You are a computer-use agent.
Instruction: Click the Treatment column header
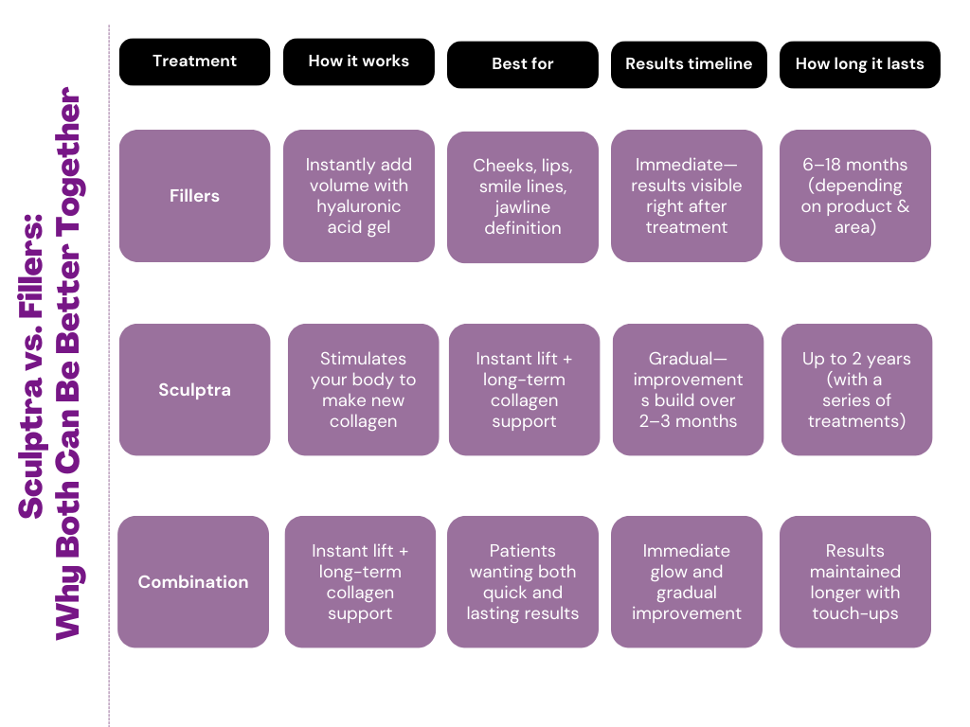click(194, 62)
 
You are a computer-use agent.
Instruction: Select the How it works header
click(358, 62)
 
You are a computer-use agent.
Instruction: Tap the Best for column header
click(522, 64)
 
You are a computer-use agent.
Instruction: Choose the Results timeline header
click(689, 64)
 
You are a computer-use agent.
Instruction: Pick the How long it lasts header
click(859, 64)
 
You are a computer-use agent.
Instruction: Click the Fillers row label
click(194, 196)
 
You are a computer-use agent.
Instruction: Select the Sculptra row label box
click(194, 390)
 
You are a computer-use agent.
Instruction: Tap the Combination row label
click(193, 582)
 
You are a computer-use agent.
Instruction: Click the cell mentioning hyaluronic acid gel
click(358, 196)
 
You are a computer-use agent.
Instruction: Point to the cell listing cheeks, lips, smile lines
click(522, 197)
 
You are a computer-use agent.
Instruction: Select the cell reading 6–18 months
click(854, 196)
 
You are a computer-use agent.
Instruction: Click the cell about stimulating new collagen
click(363, 390)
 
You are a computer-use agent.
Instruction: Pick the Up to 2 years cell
click(856, 390)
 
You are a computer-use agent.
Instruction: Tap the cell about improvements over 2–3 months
click(688, 390)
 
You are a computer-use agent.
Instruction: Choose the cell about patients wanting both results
click(522, 582)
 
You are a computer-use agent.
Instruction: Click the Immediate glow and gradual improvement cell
click(686, 582)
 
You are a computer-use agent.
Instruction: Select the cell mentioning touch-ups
click(854, 582)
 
